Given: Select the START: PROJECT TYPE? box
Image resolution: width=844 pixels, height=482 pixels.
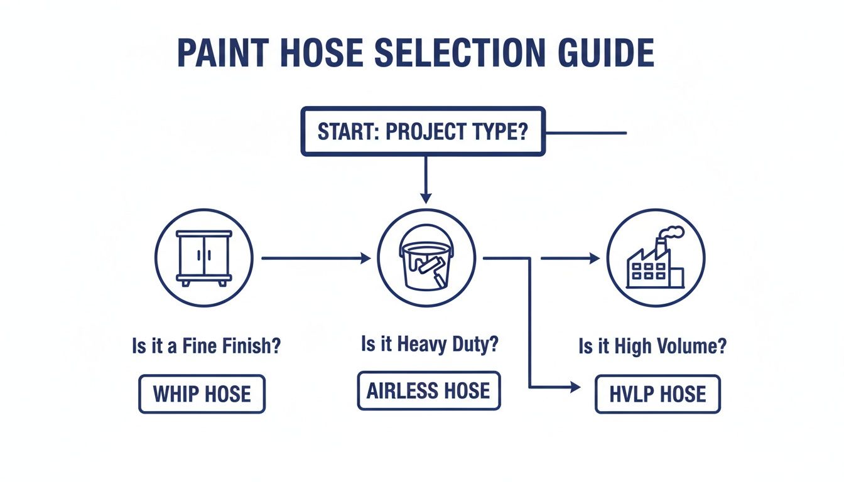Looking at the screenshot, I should click(423, 131).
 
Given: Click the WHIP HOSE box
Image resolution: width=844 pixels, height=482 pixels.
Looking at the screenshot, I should click(202, 394).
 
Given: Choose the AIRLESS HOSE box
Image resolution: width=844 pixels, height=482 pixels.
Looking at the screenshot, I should click(429, 391).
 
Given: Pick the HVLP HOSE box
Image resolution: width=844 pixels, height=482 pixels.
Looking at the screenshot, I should click(657, 395).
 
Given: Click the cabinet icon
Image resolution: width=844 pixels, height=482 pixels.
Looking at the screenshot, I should click(203, 257).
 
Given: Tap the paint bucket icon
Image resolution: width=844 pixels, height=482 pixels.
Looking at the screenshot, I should click(426, 257).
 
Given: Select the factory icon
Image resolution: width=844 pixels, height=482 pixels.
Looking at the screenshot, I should click(656, 257).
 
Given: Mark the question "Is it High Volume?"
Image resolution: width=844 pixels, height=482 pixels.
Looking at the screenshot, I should click(653, 346).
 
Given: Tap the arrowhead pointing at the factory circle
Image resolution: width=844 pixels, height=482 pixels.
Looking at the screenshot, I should click(595, 258).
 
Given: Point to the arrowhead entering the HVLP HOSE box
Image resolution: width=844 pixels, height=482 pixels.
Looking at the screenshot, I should click(575, 388).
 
